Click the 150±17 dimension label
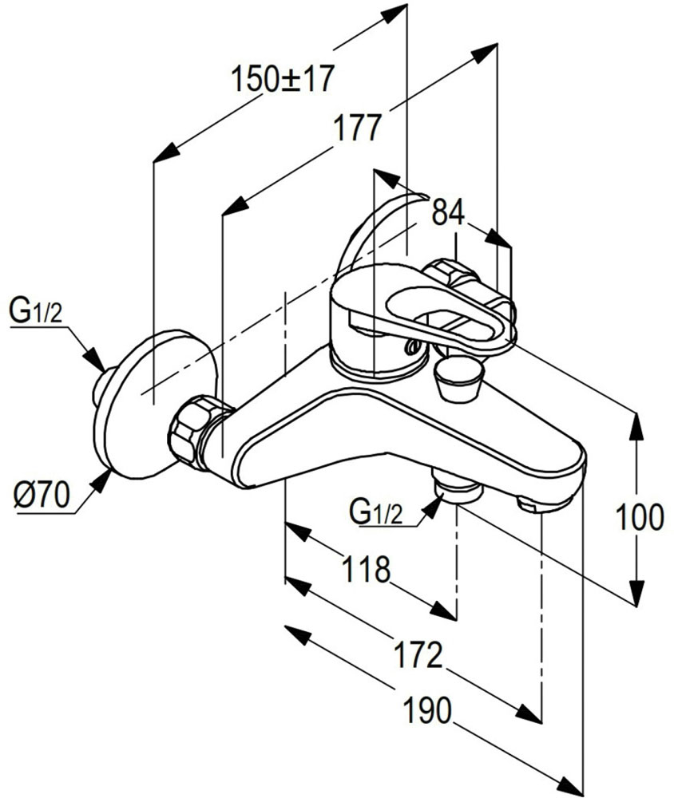pos(281,81)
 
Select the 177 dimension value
pos(355,128)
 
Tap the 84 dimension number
pos(448,212)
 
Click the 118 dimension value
pos(366,570)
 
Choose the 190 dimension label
pos(428,709)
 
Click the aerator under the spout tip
pos(539,503)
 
